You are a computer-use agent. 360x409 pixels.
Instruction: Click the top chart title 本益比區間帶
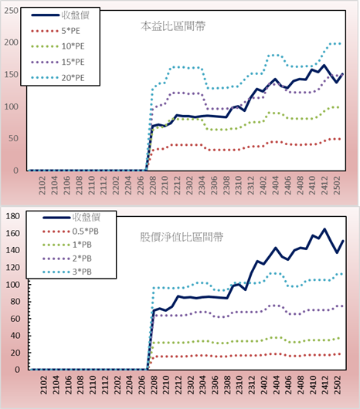pos(173,26)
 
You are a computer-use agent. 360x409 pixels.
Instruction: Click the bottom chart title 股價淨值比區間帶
pos(182,237)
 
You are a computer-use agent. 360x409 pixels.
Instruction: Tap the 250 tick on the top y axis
pos(12,11)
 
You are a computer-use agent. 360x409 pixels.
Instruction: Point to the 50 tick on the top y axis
pos(13,138)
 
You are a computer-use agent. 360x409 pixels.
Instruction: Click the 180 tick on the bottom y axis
pos(13,216)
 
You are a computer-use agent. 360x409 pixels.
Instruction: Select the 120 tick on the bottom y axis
pos(13,267)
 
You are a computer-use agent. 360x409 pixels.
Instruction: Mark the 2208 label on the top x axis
pos(153,185)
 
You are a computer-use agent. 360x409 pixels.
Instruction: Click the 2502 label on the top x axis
pos(337,185)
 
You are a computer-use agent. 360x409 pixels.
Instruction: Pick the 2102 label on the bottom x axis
pos(44,385)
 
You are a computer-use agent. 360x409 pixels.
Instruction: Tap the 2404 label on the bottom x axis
pos(277,385)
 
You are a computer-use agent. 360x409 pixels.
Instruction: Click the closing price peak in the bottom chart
pos(324,229)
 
